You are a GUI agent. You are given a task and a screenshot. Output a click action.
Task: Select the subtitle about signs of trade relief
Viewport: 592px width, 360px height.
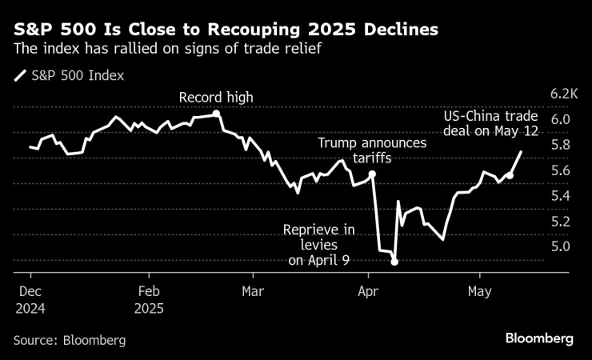(172, 50)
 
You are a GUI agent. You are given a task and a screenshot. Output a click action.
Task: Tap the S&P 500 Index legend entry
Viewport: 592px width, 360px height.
(70, 77)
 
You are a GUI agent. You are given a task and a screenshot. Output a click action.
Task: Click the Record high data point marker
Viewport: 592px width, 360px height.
(218, 114)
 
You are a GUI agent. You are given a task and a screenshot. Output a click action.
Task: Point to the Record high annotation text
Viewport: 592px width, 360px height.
(216, 98)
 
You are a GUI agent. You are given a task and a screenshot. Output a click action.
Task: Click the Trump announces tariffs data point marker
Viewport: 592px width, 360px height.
(373, 174)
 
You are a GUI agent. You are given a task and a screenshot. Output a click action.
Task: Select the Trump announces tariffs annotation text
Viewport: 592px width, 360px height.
(372, 151)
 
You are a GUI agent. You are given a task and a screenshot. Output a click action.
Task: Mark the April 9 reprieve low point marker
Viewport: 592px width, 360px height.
(394, 262)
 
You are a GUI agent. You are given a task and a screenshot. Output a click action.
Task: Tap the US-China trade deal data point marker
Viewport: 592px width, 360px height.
(510, 174)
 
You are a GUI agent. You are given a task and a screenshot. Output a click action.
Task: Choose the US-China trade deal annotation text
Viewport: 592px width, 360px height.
(491, 124)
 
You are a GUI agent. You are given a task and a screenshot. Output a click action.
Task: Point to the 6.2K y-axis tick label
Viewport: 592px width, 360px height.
(564, 94)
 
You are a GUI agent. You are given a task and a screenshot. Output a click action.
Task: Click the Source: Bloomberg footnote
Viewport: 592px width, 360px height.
(70, 340)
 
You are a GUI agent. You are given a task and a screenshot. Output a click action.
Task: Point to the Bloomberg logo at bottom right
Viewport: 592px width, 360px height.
(539, 339)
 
